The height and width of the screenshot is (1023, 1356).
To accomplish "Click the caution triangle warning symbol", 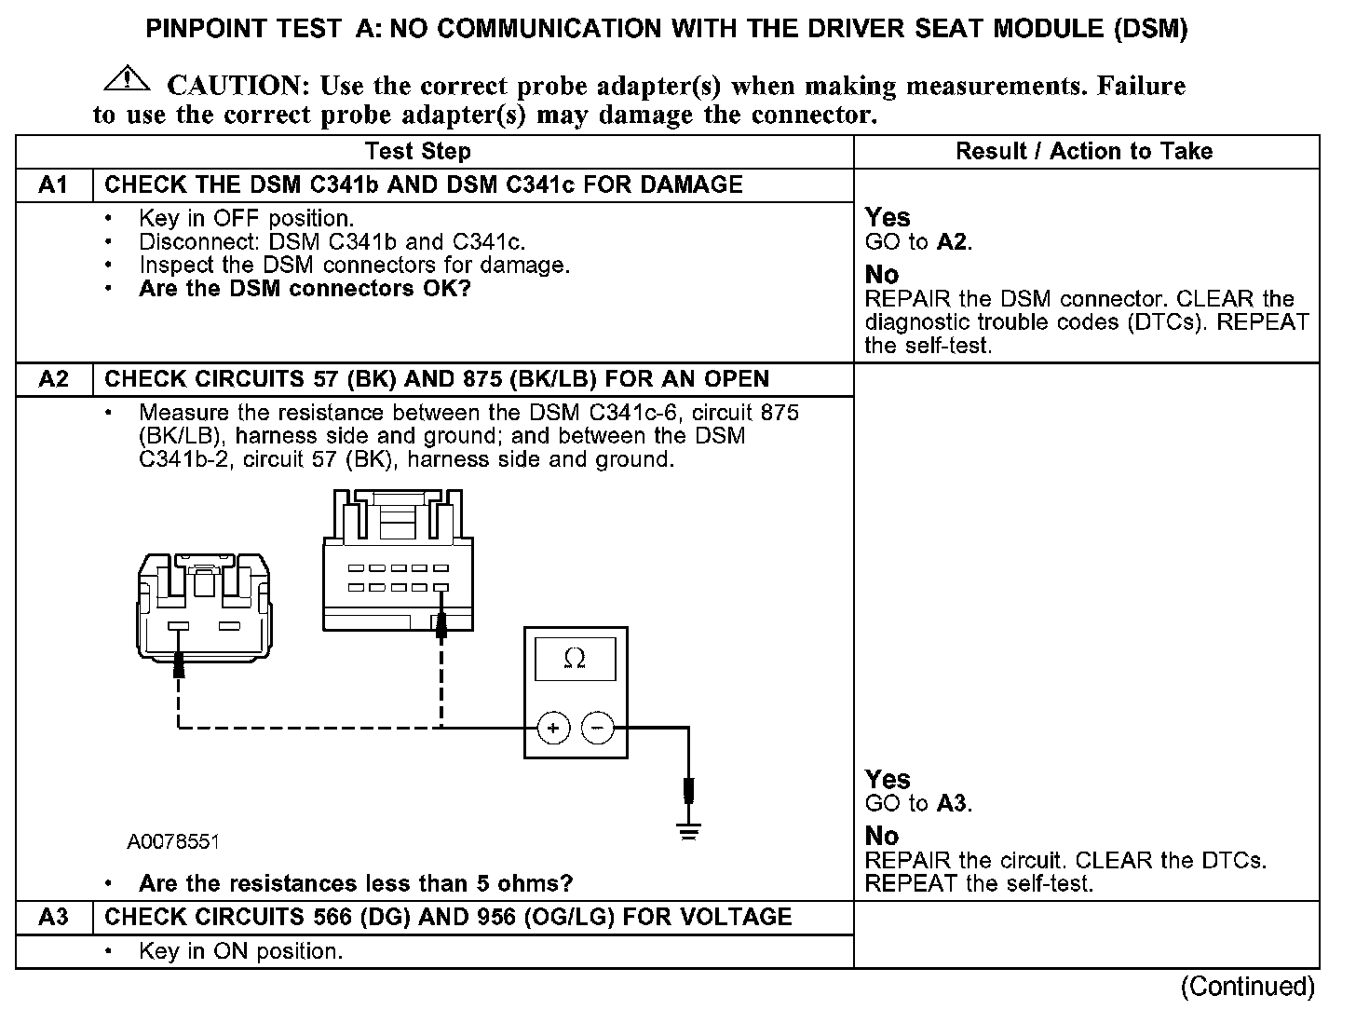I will point(127,80).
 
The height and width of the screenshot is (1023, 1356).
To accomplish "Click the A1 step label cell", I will point(54,184).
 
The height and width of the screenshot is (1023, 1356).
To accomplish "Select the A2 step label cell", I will point(54,379).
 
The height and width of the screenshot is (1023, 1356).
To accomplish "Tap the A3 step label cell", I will point(54,917).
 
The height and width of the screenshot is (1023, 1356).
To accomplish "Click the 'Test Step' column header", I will point(418,151).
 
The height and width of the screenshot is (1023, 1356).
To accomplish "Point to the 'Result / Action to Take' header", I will point(1084,151).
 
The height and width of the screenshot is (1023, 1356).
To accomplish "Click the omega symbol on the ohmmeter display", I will point(575,659).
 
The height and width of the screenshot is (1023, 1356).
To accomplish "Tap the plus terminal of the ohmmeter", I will point(553,728).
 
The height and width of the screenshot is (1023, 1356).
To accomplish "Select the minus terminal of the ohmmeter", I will point(598,728).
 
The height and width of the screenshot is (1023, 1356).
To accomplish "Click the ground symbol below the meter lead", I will point(688,832).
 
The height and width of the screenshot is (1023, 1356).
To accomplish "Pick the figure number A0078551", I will point(173,842).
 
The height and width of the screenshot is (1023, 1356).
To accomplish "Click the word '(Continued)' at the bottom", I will point(1247,986).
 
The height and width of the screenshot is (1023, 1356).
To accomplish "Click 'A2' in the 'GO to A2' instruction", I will point(952,242).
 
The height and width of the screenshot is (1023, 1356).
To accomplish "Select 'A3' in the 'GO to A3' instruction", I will point(952,803).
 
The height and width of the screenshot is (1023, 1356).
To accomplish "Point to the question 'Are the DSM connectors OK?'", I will point(305,288).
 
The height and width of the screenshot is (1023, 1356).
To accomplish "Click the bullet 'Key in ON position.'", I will point(240,951).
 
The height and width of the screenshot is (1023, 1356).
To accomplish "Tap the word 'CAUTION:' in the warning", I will point(237,86).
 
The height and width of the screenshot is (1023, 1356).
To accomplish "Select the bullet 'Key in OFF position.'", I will point(246,219).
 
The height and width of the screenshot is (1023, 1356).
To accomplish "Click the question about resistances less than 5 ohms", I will point(355,882).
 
